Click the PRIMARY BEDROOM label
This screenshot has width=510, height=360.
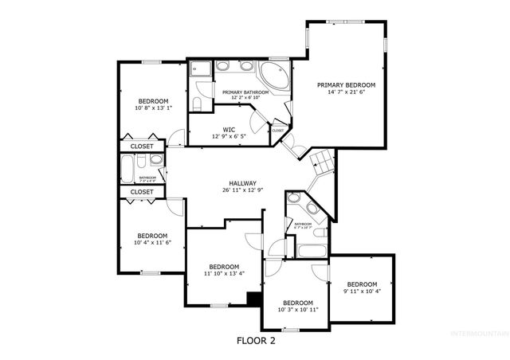(x=346, y=85)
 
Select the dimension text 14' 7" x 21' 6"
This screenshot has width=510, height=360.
(x=346, y=93)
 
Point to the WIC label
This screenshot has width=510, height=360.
(x=228, y=128)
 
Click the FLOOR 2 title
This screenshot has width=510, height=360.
(x=256, y=340)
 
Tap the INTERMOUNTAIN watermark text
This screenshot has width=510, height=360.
(x=478, y=332)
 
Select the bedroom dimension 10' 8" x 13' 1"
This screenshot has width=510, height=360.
(x=153, y=108)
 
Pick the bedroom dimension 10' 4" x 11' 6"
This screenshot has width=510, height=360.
(x=151, y=244)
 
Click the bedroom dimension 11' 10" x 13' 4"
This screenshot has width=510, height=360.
(x=224, y=274)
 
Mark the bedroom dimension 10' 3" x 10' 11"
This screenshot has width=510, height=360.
(x=298, y=310)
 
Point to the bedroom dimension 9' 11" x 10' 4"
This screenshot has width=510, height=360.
(x=361, y=292)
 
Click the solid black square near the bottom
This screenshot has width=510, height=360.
(x=254, y=299)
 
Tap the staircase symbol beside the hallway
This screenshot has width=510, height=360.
(x=322, y=162)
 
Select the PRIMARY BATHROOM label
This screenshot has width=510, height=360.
(x=245, y=92)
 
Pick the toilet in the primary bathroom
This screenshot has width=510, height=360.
(x=197, y=104)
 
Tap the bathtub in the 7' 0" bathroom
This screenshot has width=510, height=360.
(x=128, y=169)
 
